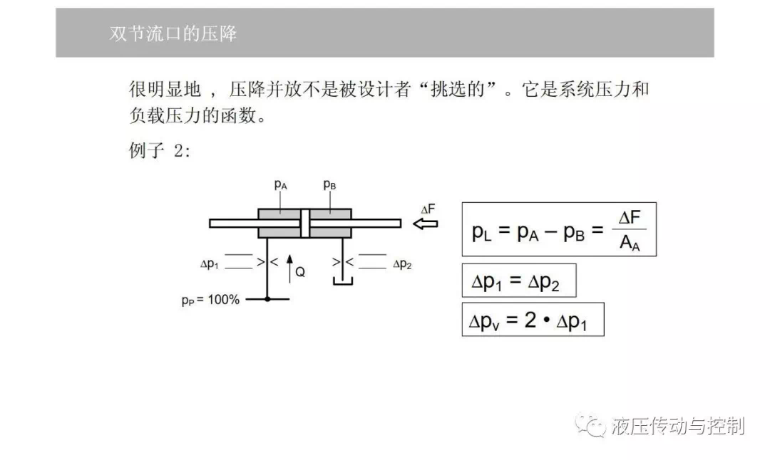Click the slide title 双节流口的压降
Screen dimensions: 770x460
tap(173, 34)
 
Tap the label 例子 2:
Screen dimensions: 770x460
tap(159, 150)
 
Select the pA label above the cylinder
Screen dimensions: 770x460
tap(280, 185)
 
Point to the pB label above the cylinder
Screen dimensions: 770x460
tap(329, 185)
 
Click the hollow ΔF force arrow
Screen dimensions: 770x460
tap(425, 224)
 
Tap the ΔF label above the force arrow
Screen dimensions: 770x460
tap(428, 209)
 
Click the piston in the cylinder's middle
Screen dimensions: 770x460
tap(305, 224)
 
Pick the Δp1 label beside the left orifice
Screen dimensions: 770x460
tap(209, 264)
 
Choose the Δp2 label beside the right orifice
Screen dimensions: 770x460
tap(402, 264)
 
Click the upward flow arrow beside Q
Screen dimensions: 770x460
tap(289, 268)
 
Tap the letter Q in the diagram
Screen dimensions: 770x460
tap(300, 272)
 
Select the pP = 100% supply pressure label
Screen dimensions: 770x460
tap(210, 300)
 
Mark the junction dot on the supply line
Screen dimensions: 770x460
tap(267, 298)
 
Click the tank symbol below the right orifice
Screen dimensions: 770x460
tap(343, 281)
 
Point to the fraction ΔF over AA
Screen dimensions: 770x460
tap(630, 229)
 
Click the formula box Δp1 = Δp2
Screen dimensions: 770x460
tap(519, 281)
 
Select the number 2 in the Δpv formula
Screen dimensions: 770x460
tap(530, 320)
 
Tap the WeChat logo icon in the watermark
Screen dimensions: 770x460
tap(590, 424)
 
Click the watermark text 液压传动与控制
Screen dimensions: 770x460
tap(678, 426)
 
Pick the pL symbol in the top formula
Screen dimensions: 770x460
tap(481, 231)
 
